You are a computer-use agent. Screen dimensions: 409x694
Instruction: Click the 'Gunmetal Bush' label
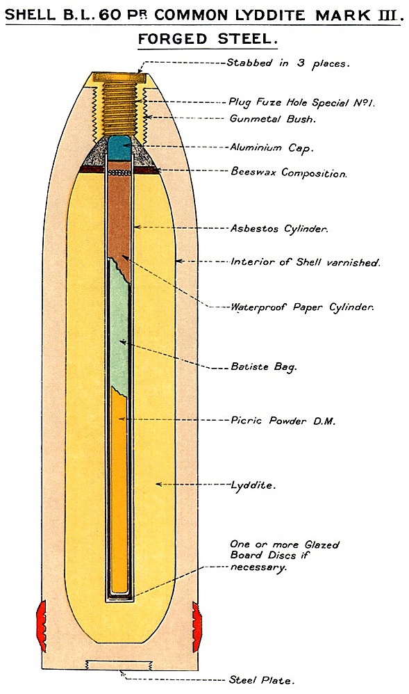[x=272, y=119]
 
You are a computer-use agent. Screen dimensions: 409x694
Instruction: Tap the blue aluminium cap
[x=119, y=148]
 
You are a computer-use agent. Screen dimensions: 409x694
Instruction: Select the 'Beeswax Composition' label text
[x=288, y=172]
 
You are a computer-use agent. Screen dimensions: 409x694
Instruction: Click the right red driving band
[x=197, y=627]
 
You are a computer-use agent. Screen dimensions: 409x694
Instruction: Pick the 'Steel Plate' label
[x=261, y=680]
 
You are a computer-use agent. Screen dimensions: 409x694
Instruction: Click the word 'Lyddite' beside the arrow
[x=253, y=485]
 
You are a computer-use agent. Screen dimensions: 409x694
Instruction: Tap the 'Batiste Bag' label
[x=264, y=367]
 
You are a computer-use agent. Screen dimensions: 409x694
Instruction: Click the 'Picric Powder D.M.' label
[x=283, y=421]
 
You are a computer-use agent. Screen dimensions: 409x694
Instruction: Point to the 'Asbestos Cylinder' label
[x=279, y=229]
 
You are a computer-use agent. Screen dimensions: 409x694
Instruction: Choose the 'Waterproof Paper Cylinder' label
[x=302, y=307]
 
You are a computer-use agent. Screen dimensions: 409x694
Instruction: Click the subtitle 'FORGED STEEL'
[x=208, y=39]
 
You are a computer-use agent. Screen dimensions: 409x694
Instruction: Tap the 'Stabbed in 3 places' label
[x=288, y=63]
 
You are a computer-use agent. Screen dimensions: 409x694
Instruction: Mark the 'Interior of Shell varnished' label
[x=305, y=262]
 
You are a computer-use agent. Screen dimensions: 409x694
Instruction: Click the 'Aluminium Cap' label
[x=272, y=147]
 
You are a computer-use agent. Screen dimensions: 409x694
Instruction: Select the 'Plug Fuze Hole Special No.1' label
[x=301, y=103]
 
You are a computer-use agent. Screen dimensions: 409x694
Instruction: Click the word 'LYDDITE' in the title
[x=269, y=15]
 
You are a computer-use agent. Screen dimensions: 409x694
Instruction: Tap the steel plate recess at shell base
[x=119, y=665]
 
